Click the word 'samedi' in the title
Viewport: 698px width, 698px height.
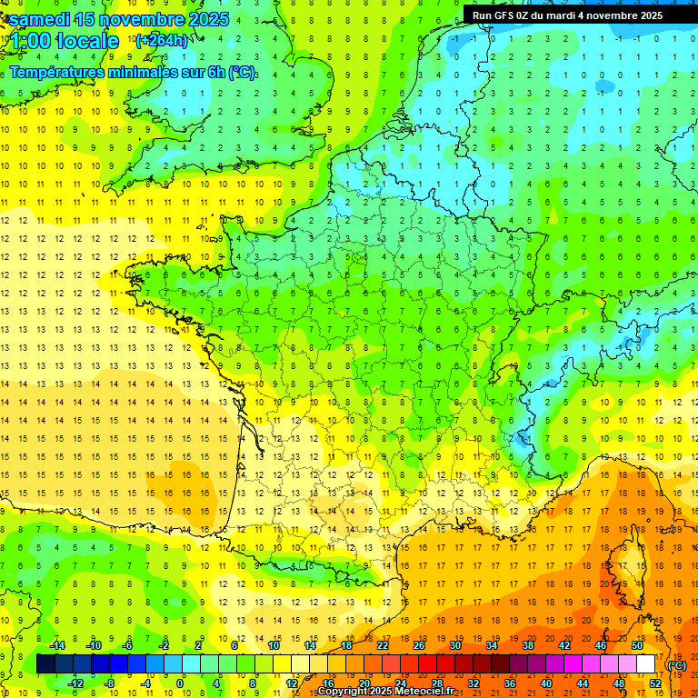click(41, 19)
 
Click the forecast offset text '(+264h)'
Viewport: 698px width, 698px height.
click(162, 40)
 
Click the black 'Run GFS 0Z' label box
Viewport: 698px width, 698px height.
click(567, 15)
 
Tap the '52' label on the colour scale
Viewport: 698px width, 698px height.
click(655, 683)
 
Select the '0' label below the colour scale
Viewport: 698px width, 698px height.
click(180, 683)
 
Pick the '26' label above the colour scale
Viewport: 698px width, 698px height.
click(419, 645)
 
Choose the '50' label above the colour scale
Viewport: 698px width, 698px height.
click(637, 645)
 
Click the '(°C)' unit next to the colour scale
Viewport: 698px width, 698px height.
click(677, 665)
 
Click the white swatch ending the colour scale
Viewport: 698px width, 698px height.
click(646, 664)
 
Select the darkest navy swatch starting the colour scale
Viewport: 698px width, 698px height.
click(45, 664)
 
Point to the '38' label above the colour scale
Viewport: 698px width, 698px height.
click(528, 645)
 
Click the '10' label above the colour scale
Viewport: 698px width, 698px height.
click(274, 645)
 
